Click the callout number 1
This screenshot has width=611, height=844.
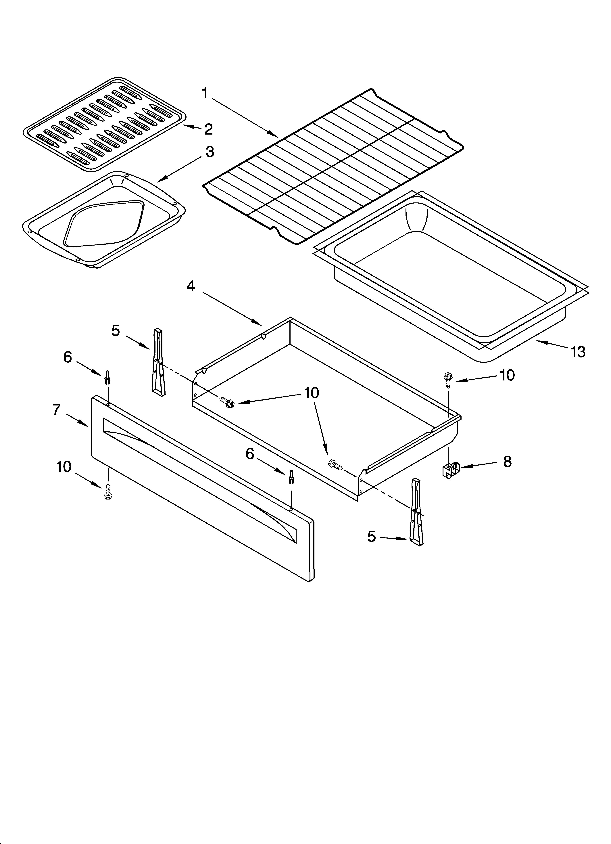click(205, 93)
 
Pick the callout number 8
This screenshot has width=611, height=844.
click(507, 462)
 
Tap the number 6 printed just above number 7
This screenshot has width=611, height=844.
click(67, 357)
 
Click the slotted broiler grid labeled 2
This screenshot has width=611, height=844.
click(104, 125)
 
